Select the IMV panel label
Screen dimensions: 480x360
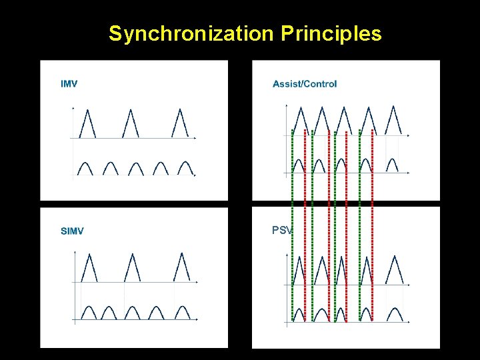[x=69, y=83]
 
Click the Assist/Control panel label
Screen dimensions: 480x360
[x=305, y=83]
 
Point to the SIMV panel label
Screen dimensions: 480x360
[x=72, y=231]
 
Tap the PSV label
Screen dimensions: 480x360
[x=281, y=231]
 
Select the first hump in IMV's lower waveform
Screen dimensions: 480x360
[x=85, y=167]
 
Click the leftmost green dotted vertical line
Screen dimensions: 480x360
[x=292, y=227]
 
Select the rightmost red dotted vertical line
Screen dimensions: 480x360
[x=372, y=227]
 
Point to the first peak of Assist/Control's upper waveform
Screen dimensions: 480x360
[x=298, y=120]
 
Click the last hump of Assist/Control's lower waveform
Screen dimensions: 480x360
[x=393, y=165]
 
